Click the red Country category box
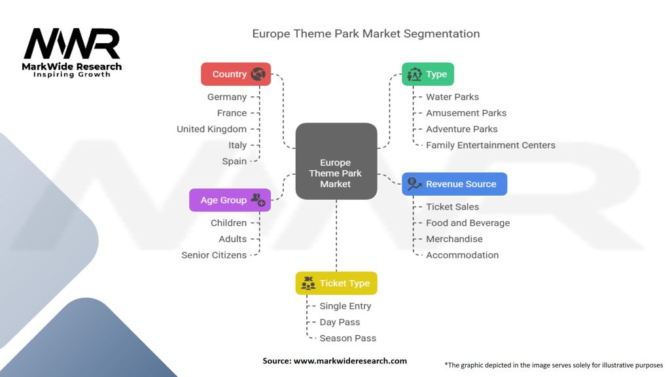click(x=236, y=74)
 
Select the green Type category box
click(x=427, y=74)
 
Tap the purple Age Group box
click(x=230, y=200)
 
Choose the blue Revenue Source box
click(x=454, y=184)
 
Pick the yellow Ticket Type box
click(x=336, y=283)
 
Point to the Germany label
click(x=227, y=97)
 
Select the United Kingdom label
click(x=211, y=129)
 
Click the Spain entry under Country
click(x=234, y=161)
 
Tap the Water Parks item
click(x=452, y=97)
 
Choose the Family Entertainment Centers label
click(x=490, y=145)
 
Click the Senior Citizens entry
click(x=214, y=255)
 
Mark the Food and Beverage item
click(x=467, y=223)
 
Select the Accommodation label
click(x=462, y=255)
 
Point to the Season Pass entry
click(x=347, y=338)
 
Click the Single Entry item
click(x=345, y=306)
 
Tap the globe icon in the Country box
click(x=258, y=74)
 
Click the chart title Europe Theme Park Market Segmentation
click(x=366, y=33)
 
